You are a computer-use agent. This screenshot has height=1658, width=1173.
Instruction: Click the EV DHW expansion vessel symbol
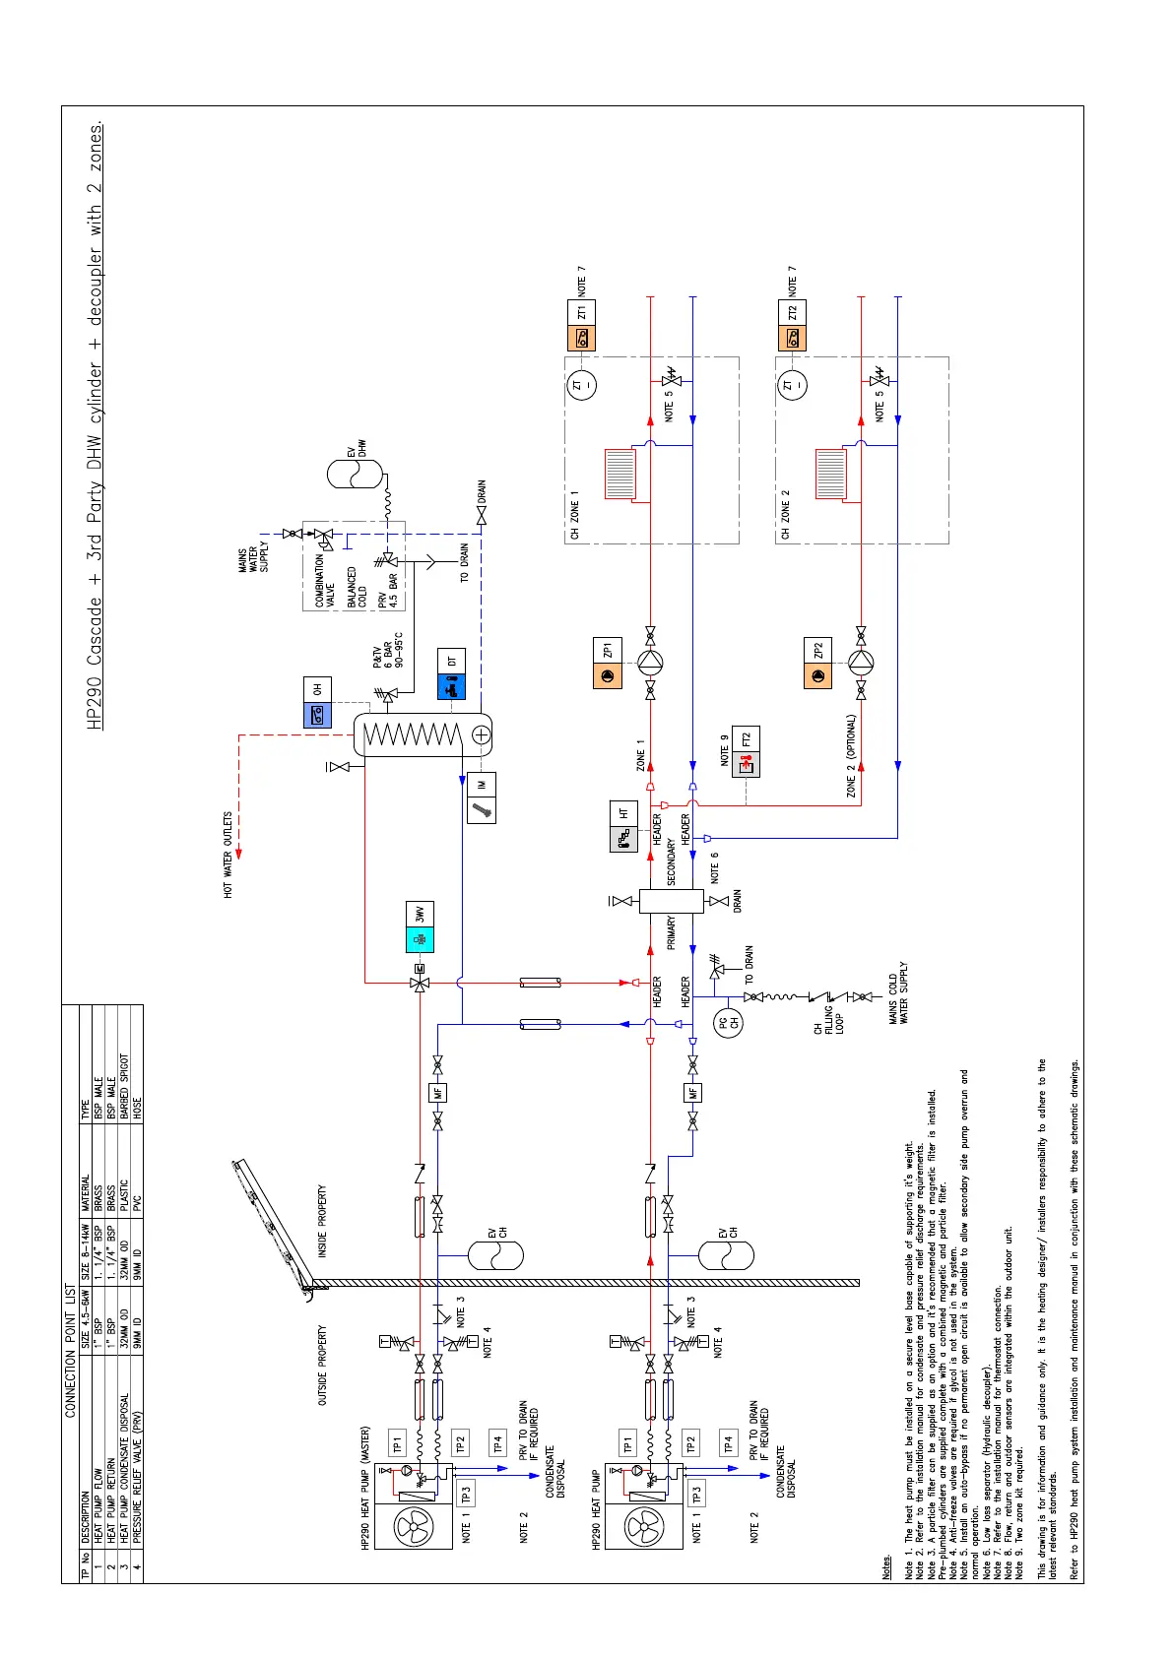(x=355, y=474)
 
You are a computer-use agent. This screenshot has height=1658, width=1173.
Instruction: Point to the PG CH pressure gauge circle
(x=728, y=1023)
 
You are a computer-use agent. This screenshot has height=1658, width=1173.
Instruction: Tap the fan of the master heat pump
(x=414, y=1527)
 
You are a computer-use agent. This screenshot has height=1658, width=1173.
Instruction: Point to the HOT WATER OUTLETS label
(x=228, y=854)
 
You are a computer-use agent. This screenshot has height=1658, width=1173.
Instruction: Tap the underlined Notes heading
(x=887, y=1565)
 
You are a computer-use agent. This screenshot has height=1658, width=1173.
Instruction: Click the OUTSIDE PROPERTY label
(x=322, y=1365)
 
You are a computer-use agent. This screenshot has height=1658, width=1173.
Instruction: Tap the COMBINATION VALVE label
(x=325, y=581)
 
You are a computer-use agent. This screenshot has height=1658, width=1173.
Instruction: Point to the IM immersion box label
(x=483, y=785)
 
